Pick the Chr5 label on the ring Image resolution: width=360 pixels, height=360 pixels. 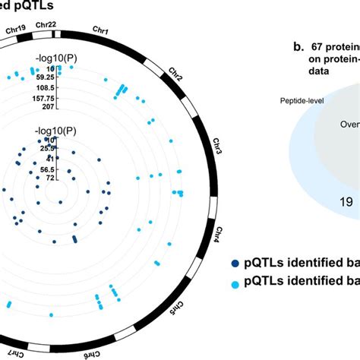(x=174, y=311)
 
